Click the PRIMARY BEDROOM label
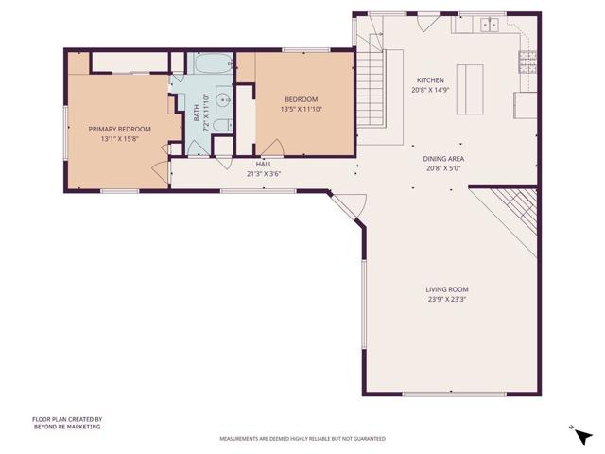point(120,129)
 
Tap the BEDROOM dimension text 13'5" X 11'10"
point(302,109)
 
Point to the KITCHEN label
point(430,81)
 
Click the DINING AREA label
point(442,159)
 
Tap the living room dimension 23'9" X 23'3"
point(447,300)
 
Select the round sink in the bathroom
point(222,98)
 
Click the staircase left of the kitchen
point(372,84)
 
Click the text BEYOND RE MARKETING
point(66,427)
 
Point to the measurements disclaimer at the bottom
point(302,439)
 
